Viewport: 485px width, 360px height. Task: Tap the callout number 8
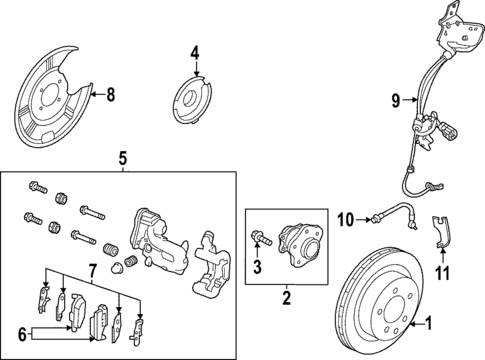110,96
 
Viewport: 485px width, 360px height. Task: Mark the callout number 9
396,99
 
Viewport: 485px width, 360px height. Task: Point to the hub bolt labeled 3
259,238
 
